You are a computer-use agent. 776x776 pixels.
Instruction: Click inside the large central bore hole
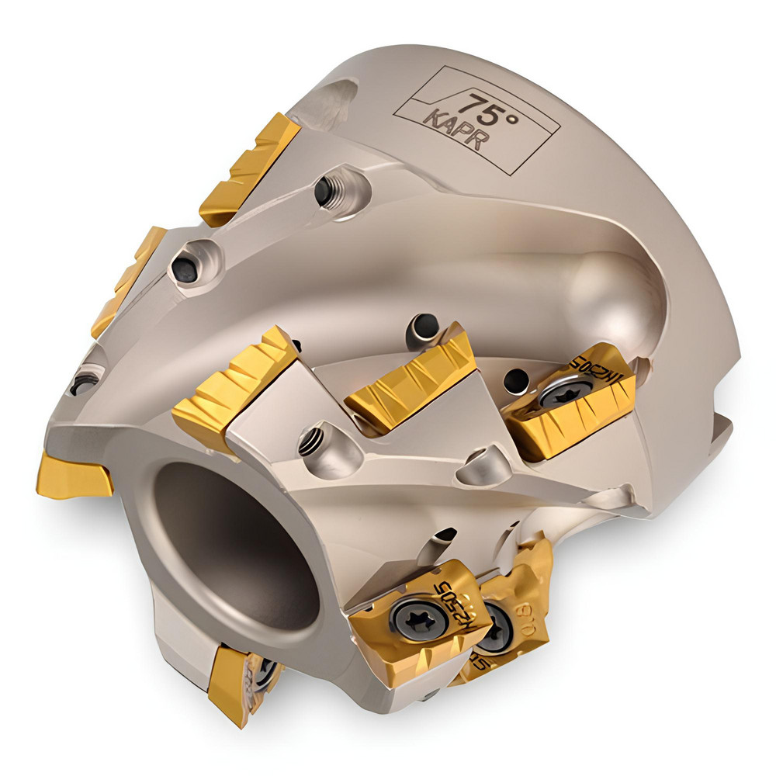pos(233,543)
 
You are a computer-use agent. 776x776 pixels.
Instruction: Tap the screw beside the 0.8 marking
pos(494,633)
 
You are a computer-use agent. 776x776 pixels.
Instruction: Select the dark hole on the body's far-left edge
pos(83,383)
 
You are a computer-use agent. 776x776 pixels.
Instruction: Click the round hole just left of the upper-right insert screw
pos(515,380)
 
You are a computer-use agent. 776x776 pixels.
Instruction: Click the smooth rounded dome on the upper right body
pos(613,287)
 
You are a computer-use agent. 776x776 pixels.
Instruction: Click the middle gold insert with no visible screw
pos(411,380)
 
